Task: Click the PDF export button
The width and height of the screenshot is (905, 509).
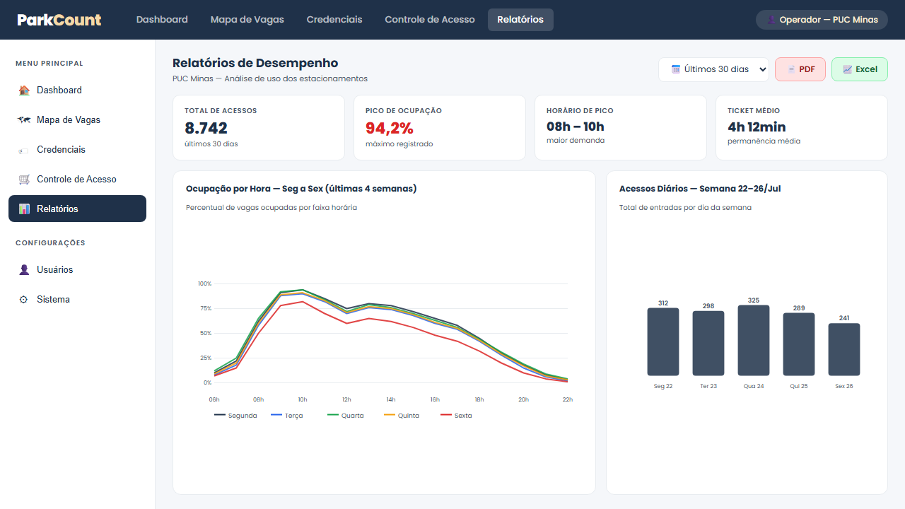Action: coord(800,69)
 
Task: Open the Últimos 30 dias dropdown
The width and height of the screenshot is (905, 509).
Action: coord(713,69)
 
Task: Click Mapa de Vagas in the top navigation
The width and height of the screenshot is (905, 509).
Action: coord(247,19)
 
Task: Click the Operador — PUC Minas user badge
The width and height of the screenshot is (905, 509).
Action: coord(822,19)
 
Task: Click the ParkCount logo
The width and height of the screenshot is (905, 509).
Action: coord(59,19)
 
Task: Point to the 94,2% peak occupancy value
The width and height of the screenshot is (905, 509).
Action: coord(389,128)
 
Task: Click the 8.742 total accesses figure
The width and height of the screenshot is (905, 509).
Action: coord(206,128)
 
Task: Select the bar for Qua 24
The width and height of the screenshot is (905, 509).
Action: coord(754,340)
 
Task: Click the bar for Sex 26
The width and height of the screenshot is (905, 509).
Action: coord(844,349)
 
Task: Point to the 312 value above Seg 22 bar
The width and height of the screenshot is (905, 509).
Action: coord(663,303)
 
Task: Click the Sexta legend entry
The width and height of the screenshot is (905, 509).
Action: coord(456,415)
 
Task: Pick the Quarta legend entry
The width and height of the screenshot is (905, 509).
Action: coord(346,415)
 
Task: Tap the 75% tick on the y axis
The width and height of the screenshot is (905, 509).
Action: coord(206,308)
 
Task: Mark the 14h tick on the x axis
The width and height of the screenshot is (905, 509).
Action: coord(391,399)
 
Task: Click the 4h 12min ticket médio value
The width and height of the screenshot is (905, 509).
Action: coord(757,127)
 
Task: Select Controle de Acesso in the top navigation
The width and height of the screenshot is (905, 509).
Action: coord(429,19)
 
